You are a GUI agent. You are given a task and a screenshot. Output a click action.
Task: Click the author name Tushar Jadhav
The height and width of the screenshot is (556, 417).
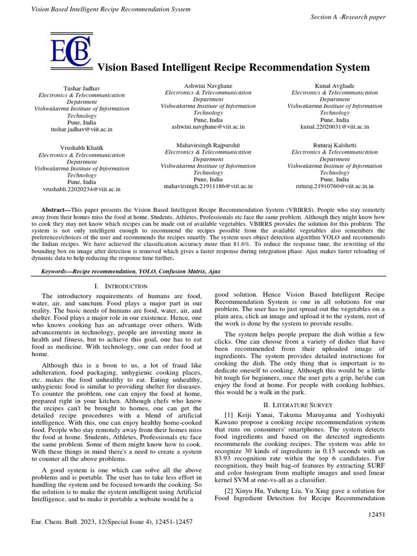(81, 88)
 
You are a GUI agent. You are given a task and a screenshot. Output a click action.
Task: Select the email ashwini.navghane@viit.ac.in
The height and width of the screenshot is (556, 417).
(208, 126)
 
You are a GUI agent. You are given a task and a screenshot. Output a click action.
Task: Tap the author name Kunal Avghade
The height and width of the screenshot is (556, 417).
(334, 86)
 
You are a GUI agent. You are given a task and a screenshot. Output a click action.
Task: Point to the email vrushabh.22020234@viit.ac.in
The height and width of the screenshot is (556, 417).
(81, 189)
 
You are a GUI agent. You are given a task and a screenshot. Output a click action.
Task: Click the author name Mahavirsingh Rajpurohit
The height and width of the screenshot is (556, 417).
(208, 146)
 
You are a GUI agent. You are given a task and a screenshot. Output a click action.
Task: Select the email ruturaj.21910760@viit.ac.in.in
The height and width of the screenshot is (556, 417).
(334, 186)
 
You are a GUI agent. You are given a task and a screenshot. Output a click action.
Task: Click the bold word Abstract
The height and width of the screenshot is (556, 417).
(56, 210)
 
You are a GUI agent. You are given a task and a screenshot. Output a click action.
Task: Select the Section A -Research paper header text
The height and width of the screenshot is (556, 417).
(347, 17)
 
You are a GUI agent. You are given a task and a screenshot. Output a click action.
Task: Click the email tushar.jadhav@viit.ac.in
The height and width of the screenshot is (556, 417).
(81, 129)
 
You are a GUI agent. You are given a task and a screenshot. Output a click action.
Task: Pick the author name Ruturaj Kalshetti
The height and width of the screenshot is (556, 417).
(334, 146)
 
